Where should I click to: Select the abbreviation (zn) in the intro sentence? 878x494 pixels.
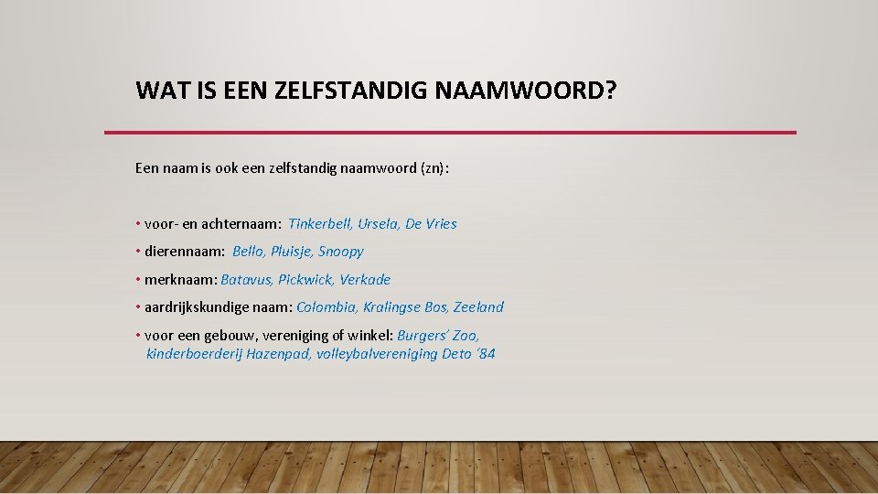(x=434, y=168)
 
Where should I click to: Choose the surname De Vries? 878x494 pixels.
(x=433, y=224)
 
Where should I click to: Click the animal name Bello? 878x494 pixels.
(x=248, y=252)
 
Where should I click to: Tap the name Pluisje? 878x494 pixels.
(x=291, y=252)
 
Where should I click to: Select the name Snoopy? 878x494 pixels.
(x=341, y=252)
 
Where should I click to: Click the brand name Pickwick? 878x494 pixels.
(x=305, y=280)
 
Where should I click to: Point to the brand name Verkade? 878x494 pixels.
(x=365, y=280)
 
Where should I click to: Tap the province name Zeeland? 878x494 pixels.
(x=478, y=307)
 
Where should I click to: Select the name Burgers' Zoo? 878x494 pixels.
(x=438, y=336)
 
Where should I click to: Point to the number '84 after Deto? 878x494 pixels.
(x=486, y=354)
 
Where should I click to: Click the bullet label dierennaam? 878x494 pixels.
(x=184, y=252)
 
